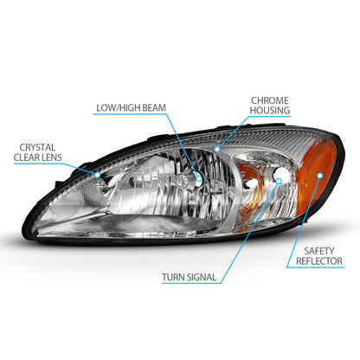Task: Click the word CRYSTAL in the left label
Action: tap(37, 147)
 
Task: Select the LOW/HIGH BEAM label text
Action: tap(132, 108)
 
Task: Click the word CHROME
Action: tap(270, 100)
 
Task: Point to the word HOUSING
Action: tap(270, 110)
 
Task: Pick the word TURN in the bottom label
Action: tap(172, 277)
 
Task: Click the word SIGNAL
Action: tap(201, 277)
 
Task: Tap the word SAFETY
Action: tap(319, 251)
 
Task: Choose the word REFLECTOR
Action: tap(319, 261)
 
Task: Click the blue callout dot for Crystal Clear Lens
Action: tap(98, 175)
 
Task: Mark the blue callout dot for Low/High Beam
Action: tap(199, 178)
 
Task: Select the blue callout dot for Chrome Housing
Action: tap(217, 149)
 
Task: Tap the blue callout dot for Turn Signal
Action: tap(279, 181)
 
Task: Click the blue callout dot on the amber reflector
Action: tap(319, 176)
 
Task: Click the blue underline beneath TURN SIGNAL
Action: tap(191, 283)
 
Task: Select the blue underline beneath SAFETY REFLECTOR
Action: tap(315, 267)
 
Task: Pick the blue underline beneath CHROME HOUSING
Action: tap(269, 117)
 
